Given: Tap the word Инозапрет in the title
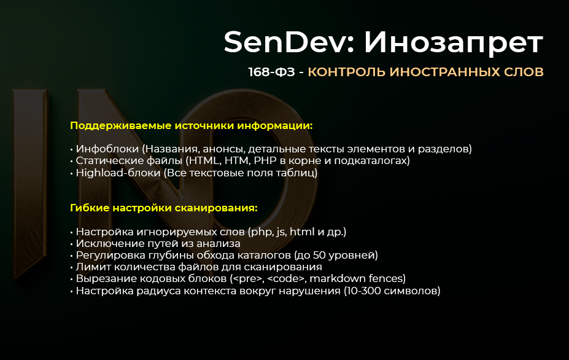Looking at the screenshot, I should (453, 42).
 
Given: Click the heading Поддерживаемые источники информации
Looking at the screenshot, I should (192, 125).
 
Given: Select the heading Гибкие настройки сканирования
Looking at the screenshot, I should (164, 208).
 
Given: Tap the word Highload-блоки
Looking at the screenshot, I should (116, 173).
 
